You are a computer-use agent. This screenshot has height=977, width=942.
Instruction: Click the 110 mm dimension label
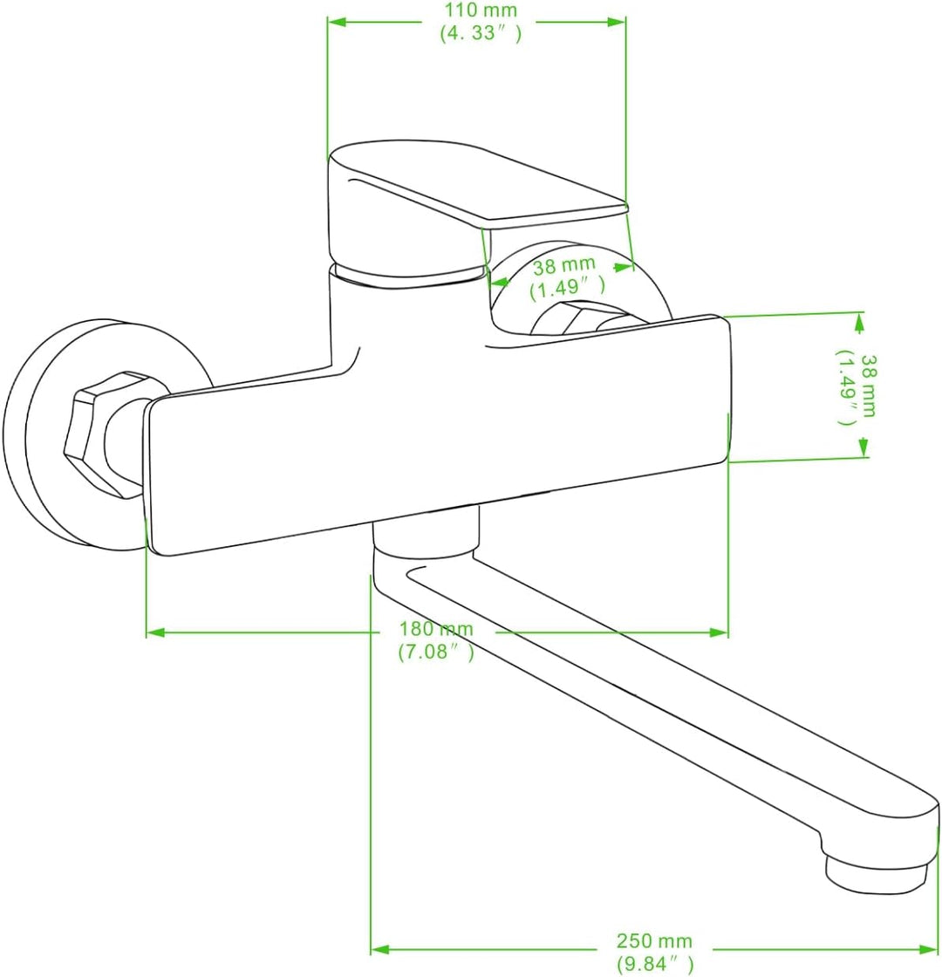click(480, 10)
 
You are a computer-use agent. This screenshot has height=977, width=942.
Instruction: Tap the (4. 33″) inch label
click(481, 33)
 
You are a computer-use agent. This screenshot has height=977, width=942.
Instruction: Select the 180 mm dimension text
click(436, 629)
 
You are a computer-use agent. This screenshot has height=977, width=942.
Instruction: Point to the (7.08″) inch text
click(435, 652)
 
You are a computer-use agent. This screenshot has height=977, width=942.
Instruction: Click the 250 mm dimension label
click(654, 940)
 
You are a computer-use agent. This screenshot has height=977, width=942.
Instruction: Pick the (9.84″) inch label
click(655, 963)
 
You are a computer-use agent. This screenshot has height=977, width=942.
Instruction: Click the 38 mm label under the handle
click(563, 266)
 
